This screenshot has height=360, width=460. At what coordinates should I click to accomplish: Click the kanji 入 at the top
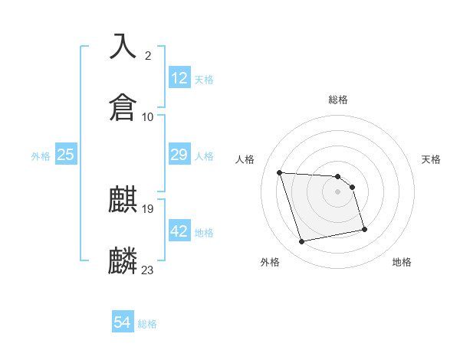pyautogui.click(x=123, y=46)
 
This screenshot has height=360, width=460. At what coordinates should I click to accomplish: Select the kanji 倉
pyautogui.click(x=123, y=106)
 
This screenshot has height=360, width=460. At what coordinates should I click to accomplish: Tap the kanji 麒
pyautogui.click(x=123, y=200)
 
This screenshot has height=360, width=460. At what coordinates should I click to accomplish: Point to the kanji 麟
pyautogui.click(x=123, y=260)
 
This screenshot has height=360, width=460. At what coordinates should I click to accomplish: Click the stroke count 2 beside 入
pyautogui.click(x=148, y=55)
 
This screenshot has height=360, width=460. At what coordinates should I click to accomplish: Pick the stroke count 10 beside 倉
pyautogui.click(x=148, y=116)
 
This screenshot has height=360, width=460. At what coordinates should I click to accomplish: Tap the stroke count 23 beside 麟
pyautogui.click(x=148, y=270)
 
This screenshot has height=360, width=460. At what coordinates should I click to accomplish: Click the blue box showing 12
pyautogui.click(x=179, y=78)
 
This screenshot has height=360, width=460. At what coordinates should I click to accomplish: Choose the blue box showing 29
pyautogui.click(x=179, y=155)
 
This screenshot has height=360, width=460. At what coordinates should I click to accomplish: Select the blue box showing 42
pyautogui.click(x=179, y=231)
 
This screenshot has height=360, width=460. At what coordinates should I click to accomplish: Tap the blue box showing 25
pyautogui.click(x=66, y=155)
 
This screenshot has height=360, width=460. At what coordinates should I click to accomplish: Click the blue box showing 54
pyautogui.click(x=123, y=323)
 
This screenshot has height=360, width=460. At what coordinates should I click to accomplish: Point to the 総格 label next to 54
pyautogui.click(x=147, y=324)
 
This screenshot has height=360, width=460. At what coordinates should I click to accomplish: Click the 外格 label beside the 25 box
pyautogui.click(x=41, y=155)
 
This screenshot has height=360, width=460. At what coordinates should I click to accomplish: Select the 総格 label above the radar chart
pyautogui.click(x=338, y=100)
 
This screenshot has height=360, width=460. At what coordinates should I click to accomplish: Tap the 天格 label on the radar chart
pyautogui.click(x=432, y=159)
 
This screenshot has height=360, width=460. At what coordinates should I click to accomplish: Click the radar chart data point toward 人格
pyautogui.click(x=280, y=172)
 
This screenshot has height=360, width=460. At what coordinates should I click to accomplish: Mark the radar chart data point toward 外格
pyautogui.click(x=302, y=242)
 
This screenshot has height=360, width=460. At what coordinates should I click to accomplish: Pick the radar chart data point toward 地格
pyautogui.click(x=364, y=229)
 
